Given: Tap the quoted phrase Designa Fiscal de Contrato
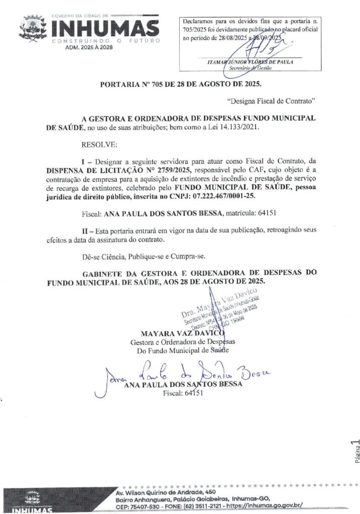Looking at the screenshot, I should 271,101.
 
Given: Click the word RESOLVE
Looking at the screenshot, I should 99,145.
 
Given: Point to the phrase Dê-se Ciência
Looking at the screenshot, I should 102,258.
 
